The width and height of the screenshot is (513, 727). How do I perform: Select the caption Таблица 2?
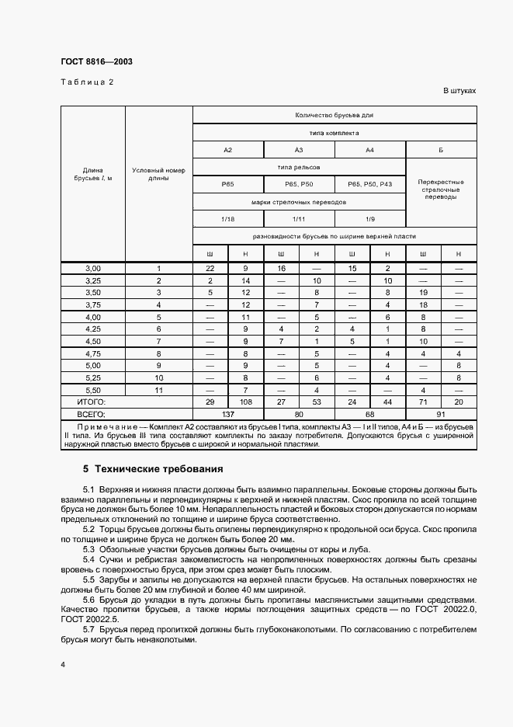pyautogui.click(x=88, y=82)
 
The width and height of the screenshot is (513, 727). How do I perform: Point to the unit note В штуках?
pyautogui.click(x=459, y=91)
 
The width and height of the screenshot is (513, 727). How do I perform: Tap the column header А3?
pyautogui.click(x=299, y=149)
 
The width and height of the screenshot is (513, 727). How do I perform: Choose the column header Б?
pyautogui.click(x=441, y=149)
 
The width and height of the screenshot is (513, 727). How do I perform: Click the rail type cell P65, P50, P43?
pyautogui.click(x=370, y=184)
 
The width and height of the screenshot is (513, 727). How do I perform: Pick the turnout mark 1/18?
pyautogui.click(x=228, y=219)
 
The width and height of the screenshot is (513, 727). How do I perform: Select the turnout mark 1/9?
pyautogui.click(x=370, y=219)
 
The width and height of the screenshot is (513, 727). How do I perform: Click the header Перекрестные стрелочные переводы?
pyautogui.click(x=441, y=189)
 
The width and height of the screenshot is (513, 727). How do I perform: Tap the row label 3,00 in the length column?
pyautogui.click(x=93, y=268)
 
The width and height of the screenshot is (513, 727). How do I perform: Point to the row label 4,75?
pyautogui.click(x=93, y=353)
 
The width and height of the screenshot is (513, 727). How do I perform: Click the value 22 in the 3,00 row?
pyautogui.click(x=210, y=268)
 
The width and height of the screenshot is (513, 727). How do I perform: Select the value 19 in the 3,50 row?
pyautogui.click(x=423, y=292)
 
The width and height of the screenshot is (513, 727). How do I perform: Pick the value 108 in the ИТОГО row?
pyautogui.click(x=245, y=402)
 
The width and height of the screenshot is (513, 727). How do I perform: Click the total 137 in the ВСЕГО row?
pyautogui.click(x=228, y=414)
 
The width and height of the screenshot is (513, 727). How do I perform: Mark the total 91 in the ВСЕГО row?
pyautogui.click(x=441, y=414)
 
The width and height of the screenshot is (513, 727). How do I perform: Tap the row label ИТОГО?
pyautogui.click(x=91, y=402)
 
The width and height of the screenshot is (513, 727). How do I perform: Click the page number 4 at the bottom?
pyautogui.click(x=62, y=666)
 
